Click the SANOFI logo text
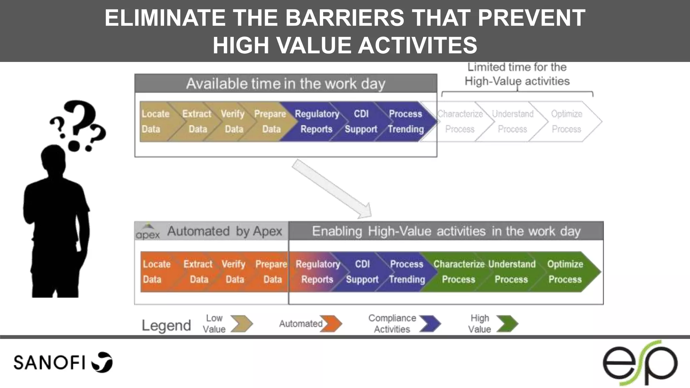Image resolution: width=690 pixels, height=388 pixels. pyautogui.click(x=50, y=363)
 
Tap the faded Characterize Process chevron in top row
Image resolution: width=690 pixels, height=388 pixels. pyautogui.click(x=460, y=122)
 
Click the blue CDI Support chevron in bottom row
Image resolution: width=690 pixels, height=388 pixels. pyautogui.click(x=362, y=271)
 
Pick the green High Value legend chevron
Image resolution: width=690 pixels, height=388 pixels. pyautogui.click(x=507, y=324)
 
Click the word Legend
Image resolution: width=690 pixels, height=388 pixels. pyautogui.click(x=166, y=325)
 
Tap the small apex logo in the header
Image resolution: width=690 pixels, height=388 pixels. pyautogui.click(x=148, y=232)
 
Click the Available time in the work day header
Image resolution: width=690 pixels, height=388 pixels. pyautogui.click(x=286, y=84)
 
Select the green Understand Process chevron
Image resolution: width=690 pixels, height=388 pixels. pyautogui.click(x=511, y=271)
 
